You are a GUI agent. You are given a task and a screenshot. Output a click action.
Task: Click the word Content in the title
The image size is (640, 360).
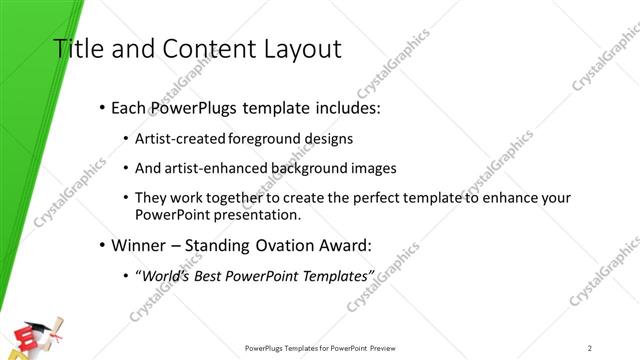tap(196, 49)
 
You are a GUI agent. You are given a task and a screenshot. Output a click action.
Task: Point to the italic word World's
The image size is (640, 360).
tap(165, 275)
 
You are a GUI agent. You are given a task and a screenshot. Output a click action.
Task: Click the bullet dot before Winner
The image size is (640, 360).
tap(102, 245)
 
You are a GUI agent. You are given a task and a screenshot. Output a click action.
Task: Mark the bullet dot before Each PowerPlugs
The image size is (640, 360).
tap(102, 107)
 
